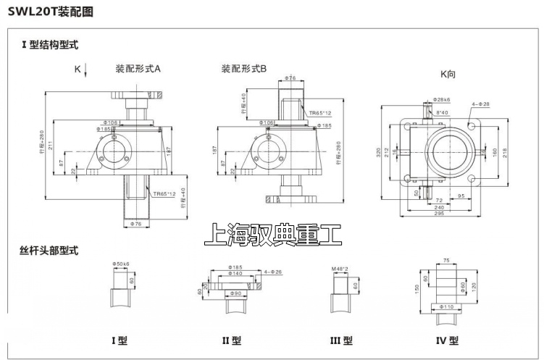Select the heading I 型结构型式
[x=49, y=45]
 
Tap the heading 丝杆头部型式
[x=49, y=251]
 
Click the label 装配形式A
[x=138, y=69]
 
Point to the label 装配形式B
[x=244, y=69]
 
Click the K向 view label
[x=448, y=74]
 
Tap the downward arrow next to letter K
[x=86, y=70]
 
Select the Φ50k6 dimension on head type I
[x=121, y=263]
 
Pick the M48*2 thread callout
[x=340, y=269]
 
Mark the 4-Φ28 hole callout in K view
[x=481, y=104]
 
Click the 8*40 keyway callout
[x=441, y=112]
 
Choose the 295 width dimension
[x=439, y=213]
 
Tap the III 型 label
[x=340, y=340]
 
